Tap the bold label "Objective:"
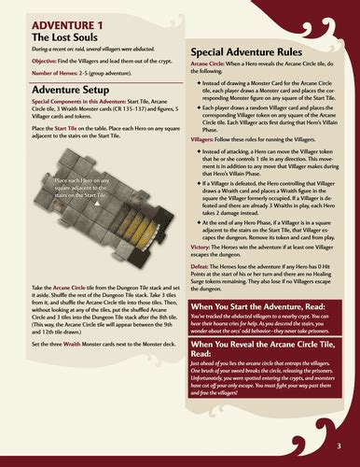click(47, 58)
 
